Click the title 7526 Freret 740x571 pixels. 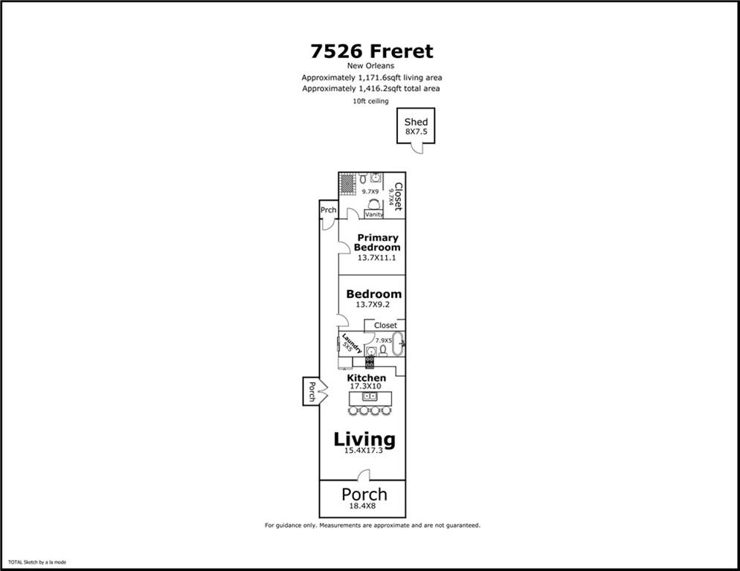pos(372,51)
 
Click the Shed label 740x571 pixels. pos(416,122)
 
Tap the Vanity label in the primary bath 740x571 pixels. pos(374,214)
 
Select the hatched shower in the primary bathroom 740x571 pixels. pos(347,184)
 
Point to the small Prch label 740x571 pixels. pos(329,210)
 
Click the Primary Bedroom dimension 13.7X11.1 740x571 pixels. pos(376,258)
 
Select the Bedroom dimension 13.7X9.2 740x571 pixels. pos(373,304)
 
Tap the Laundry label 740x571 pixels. pos(351,343)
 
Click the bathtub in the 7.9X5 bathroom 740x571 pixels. pos(398,343)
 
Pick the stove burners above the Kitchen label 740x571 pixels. pos(370,362)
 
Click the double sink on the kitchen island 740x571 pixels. pos(370,396)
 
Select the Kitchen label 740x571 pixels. pos(366,378)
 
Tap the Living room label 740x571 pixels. pos(364,439)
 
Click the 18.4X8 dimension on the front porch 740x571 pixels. pos(362,506)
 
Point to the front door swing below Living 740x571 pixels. pos(364,475)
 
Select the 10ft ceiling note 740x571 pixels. pos(370,101)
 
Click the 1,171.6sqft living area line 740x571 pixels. pos(372,77)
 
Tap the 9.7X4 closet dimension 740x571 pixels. pos(390,197)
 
